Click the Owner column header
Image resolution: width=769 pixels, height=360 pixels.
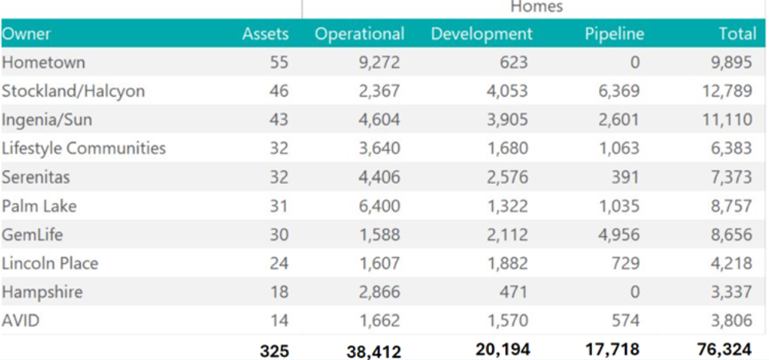(x=26, y=34)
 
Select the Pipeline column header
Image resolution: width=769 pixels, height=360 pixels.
(x=614, y=34)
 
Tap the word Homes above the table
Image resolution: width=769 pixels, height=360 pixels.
(x=537, y=7)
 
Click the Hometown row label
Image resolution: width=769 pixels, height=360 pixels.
(x=43, y=62)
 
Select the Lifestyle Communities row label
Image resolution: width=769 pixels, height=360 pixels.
(x=84, y=148)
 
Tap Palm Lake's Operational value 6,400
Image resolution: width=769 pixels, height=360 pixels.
(x=380, y=206)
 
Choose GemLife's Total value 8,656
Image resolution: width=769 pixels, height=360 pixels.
(x=731, y=235)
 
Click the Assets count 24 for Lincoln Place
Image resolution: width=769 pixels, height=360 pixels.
(x=279, y=263)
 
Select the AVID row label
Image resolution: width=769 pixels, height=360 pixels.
(x=21, y=321)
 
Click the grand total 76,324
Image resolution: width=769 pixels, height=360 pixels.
(x=725, y=350)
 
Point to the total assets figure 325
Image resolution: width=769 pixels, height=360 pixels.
(x=275, y=351)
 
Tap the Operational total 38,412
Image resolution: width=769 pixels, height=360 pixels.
(x=373, y=352)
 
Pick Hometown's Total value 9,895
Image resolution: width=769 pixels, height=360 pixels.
(x=731, y=62)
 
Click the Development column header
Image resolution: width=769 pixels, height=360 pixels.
(x=481, y=34)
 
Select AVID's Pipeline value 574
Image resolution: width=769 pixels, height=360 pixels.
(x=624, y=321)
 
